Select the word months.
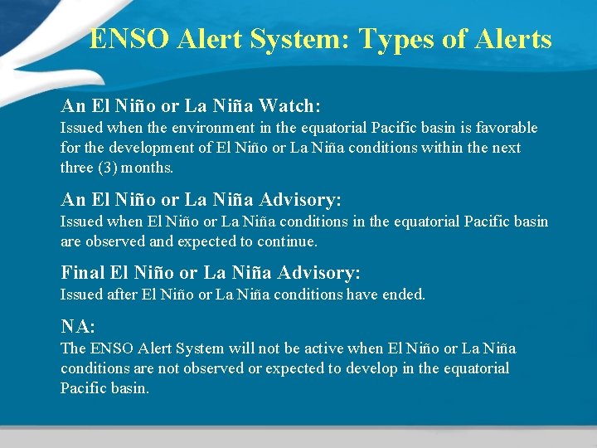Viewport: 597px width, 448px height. coord(149,168)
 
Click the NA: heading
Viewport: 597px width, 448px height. coord(78,327)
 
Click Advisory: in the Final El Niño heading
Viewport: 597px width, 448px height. coord(319,273)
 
